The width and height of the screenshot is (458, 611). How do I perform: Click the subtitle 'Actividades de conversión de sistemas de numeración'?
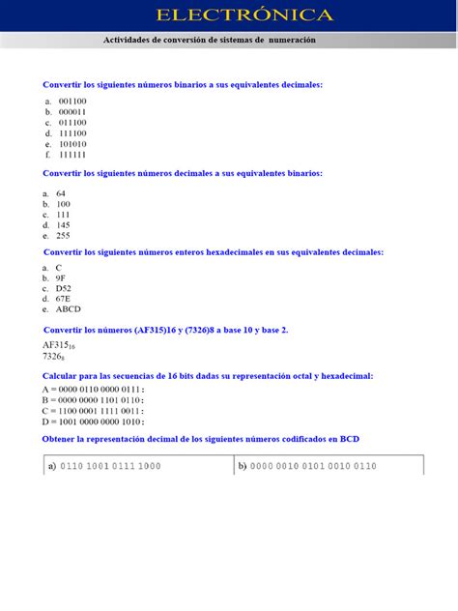[x=210, y=40]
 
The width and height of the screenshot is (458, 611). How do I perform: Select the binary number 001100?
[x=72, y=101]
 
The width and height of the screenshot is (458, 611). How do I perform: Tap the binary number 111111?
[x=72, y=155]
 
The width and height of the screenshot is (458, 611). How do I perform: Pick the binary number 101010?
[x=72, y=144]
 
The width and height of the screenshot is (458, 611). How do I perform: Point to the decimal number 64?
[x=61, y=193]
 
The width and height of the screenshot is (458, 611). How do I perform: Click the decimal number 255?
[x=63, y=235]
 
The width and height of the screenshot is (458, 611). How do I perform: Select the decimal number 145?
[x=63, y=224]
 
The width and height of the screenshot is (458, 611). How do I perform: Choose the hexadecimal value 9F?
[x=60, y=277]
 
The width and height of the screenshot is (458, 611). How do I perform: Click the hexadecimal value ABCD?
[x=68, y=309]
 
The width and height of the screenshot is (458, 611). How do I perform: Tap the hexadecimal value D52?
[x=63, y=288]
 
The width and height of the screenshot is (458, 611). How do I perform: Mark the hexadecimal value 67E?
[x=63, y=299]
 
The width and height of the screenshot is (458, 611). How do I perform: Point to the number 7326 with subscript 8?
[x=55, y=357]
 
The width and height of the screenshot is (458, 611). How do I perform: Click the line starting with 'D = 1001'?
[x=93, y=422]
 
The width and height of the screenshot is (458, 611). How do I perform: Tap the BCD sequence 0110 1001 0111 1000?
[x=110, y=466]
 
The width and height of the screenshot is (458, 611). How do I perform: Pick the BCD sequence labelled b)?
[x=314, y=466]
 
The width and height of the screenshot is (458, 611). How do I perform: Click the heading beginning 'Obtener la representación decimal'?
[x=201, y=439]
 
